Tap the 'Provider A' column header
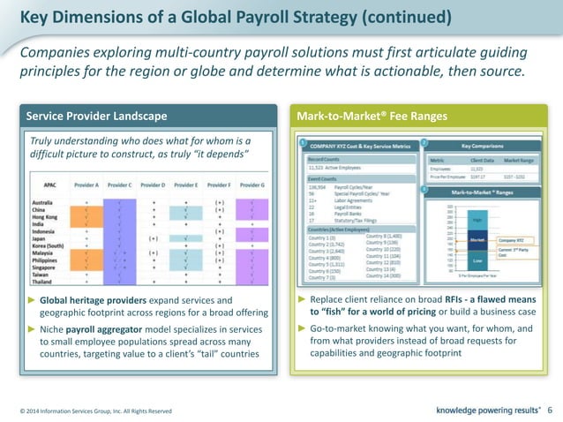[86, 185]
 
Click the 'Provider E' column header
[186, 185]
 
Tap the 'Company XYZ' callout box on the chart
[514, 239]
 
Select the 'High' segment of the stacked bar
[478, 222]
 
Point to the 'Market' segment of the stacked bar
[478, 239]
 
